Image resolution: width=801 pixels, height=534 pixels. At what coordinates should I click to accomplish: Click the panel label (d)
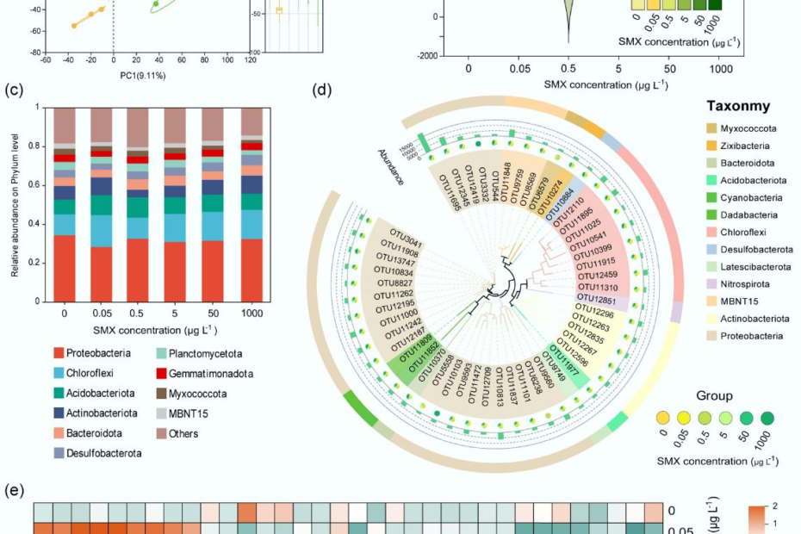pos(321,89)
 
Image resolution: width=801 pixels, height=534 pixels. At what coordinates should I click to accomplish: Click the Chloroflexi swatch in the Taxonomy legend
pos(716,233)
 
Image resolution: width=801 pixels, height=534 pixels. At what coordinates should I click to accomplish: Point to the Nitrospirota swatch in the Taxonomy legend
pos(716,284)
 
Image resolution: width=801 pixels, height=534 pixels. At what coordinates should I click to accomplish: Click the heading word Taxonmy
pos(738,106)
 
